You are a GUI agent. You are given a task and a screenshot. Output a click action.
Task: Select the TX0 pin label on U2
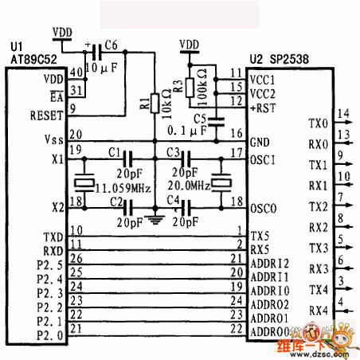pos(317,123)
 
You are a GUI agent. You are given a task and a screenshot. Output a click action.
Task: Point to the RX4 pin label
pos(317,310)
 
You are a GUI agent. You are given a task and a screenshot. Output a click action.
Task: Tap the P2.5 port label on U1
pos(50,263)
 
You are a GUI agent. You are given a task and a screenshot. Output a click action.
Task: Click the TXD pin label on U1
pos(53,237)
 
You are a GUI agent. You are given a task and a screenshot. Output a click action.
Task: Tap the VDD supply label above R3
pos(189,43)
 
